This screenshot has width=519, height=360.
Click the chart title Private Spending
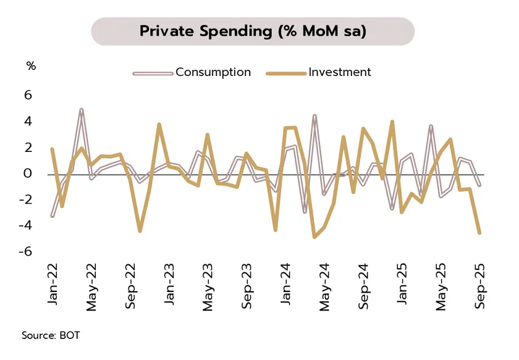[252, 31]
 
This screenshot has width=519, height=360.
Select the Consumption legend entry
[213, 72]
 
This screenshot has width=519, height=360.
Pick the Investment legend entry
[339, 72]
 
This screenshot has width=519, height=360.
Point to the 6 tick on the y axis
[28, 96]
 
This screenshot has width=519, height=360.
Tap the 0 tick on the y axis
[28, 174]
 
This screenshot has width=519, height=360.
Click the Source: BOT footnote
[51, 336]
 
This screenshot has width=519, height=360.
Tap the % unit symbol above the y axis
[31, 66]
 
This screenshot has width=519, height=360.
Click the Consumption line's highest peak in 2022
[82, 110]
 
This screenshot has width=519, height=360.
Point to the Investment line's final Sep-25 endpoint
[480, 233]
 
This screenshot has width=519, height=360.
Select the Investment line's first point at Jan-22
[52, 149]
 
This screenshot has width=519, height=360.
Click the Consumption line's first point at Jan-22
[52, 216]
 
